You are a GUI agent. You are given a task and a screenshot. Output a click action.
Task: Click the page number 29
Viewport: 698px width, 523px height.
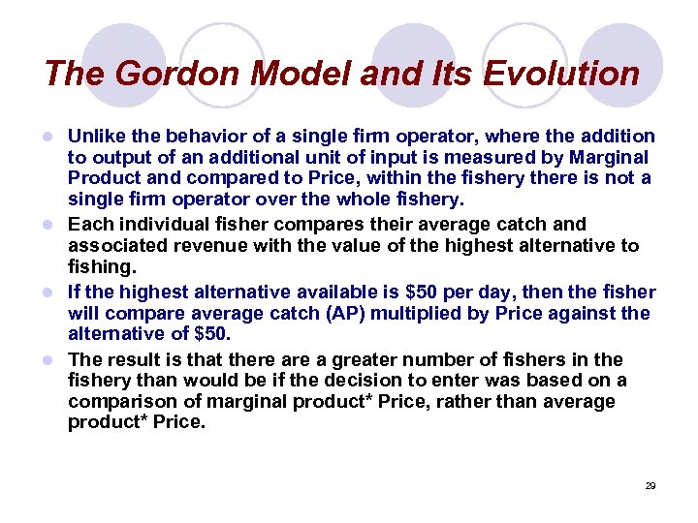click(x=650, y=485)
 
